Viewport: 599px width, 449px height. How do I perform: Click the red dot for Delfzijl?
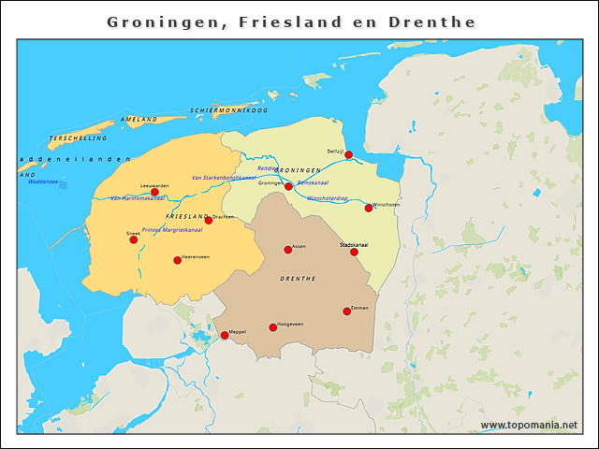(x=348, y=154)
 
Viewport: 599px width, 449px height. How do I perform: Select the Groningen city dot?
(x=288, y=186)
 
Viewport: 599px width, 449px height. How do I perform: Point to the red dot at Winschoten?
(x=369, y=208)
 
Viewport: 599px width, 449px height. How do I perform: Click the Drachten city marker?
(x=209, y=220)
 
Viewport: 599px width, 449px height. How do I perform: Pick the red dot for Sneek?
(x=133, y=239)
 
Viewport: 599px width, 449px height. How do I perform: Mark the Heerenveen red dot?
(x=177, y=260)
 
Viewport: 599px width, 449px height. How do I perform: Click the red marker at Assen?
(x=288, y=250)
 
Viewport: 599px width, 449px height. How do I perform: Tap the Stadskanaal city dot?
(x=354, y=252)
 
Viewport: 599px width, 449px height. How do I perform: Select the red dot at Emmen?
(x=347, y=311)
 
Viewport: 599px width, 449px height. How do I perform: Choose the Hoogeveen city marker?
(x=273, y=327)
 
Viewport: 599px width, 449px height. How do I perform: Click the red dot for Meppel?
(x=225, y=335)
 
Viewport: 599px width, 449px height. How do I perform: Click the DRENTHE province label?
(x=298, y=279)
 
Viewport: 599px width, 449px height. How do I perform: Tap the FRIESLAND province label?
(x=185, y=216)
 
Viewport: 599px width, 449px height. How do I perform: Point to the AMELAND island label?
(x=139, y=120)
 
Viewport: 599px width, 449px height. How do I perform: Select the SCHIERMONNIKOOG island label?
(x=229, y=110)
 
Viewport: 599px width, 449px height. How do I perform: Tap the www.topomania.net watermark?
(x=529, y=426)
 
